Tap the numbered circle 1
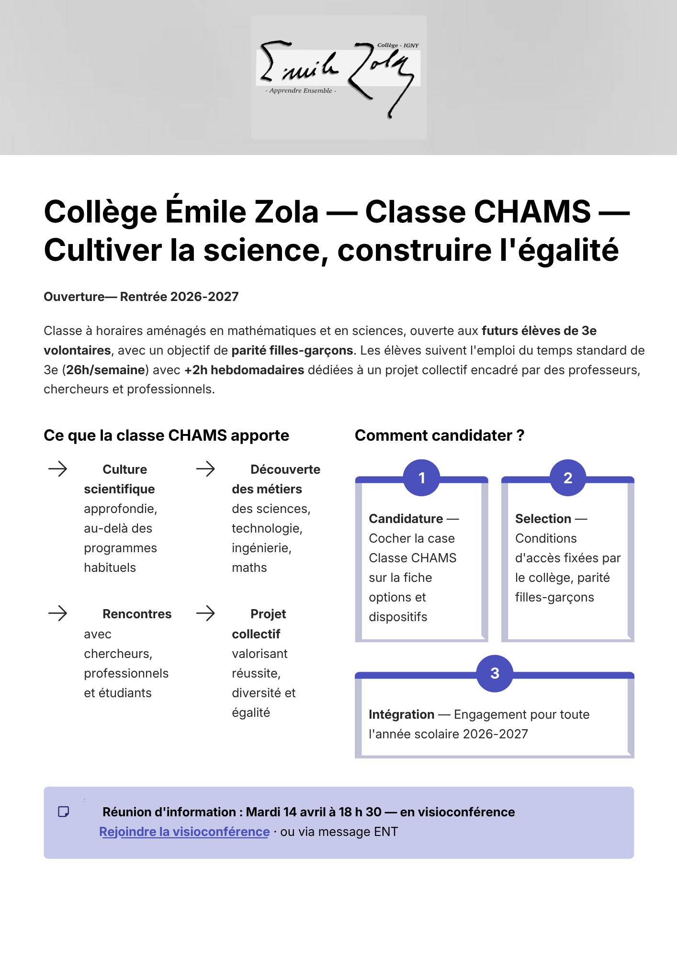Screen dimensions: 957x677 click(x=421, y=478)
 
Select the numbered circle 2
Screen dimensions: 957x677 click(x=568, y=478)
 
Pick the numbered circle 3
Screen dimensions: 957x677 click(x=495, y=673)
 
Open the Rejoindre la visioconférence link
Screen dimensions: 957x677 click(x=184, y=832)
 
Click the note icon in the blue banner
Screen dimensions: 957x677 click(x=63, y=812)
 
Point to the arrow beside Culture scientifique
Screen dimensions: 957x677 click(x=58, y=469)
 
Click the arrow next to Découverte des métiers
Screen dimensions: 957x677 click(x=205, y=469)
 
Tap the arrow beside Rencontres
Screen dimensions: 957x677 click(x=58, y=613)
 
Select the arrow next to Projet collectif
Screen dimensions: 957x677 click(x=205, y=613)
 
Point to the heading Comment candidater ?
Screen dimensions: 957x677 click(x=440, y=435)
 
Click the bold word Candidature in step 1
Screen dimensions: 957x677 click(x=406, y=519)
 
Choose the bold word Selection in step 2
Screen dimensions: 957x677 click(x=543, y=519)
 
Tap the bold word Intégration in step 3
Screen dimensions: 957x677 click(x=401, y=714)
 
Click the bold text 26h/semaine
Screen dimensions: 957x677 click(x=105, y=370)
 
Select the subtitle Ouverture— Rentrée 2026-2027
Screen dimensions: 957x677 click(x=141, y=297)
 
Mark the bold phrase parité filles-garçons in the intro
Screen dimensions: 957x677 click(x=292, y=350)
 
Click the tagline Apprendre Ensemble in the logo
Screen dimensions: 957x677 click(x=301, y=90)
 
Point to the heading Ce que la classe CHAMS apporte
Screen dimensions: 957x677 click(x=166, y=435)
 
